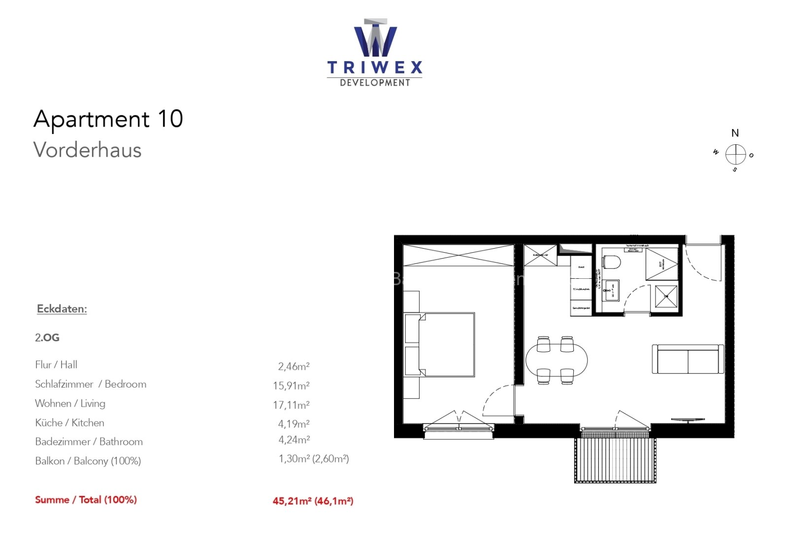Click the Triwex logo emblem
click(x=375, y=38)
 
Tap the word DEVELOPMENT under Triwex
click(x=375, y=83)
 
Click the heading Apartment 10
click(x=108, y=119)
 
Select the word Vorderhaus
click(x=88, y=150)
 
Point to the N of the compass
click(x=735, y=133)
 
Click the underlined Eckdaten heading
click(x=62, y=309)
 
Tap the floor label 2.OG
click(x=47, y=338)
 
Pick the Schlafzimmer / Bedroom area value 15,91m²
click(x=291, y=386)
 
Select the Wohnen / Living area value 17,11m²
click(x=291, y=405)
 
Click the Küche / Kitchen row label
click(x=69, y=423)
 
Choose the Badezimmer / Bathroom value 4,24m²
click(x=294, y=439)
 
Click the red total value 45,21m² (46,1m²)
click(x=313, y=501)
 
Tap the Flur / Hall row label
click(x=56, y=364)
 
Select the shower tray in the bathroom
click(x=666, y=296)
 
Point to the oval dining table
click(x=557, y=360)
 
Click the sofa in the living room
click(x=688, y=359)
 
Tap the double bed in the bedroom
click(x=446, y=345)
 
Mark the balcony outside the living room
click(x=615, y=460)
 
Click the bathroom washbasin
click(x=612, y=290)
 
